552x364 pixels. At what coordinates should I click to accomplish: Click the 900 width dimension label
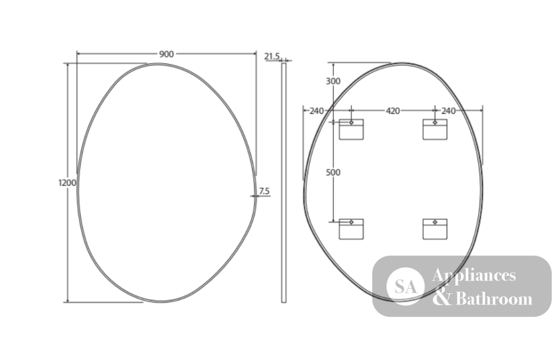click(x=167, y=54)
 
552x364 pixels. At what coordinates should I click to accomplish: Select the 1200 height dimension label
click(x=67, y=183)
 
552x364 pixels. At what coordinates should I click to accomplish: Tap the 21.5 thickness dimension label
click(x=272, y=56)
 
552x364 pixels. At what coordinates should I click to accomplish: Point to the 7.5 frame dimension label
click(x=264, y=191)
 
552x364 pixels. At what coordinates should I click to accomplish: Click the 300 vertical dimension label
click(x=333, y=81)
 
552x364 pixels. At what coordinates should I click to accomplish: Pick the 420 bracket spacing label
click(x=393, y=111)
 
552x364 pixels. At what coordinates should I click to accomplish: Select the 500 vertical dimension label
click(x=333, y=172)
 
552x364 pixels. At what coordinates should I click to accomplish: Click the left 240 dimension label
click(x=316, y=111)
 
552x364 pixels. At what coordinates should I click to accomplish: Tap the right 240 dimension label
click(x=448, y=111)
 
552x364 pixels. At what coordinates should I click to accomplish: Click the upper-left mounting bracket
click(x=351, y=129)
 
